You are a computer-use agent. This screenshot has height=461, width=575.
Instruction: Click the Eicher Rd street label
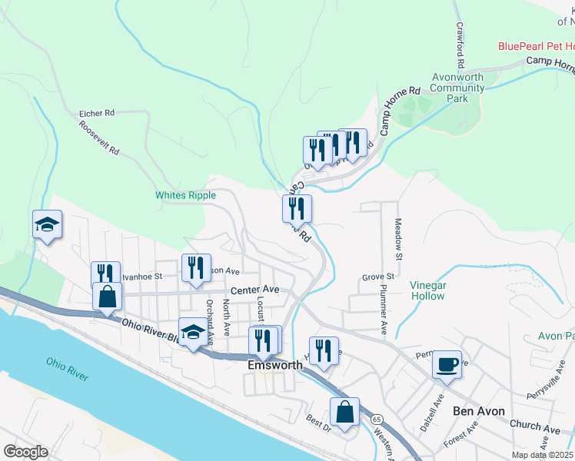pos(96,113)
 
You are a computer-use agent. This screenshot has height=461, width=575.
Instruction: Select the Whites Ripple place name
pos(185,195)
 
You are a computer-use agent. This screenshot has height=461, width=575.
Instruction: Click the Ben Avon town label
pos(478,411)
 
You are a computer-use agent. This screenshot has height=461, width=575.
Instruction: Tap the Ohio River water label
pos(67,369)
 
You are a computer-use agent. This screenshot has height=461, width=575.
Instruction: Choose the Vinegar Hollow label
pos(427,290)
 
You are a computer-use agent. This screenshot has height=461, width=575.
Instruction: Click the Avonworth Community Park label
pos(457,88)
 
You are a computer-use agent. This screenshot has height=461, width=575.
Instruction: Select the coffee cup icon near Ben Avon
pos(447,364)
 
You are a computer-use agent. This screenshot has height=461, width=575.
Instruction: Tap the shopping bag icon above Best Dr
pos(345,411)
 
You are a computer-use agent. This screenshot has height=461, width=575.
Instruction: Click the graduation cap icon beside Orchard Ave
pos(193,332)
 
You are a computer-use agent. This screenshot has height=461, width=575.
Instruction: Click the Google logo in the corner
pos(25,452)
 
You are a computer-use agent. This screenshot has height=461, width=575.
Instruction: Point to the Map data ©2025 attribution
pos(542,455)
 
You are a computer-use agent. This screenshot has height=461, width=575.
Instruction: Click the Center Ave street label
pos(254,290)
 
